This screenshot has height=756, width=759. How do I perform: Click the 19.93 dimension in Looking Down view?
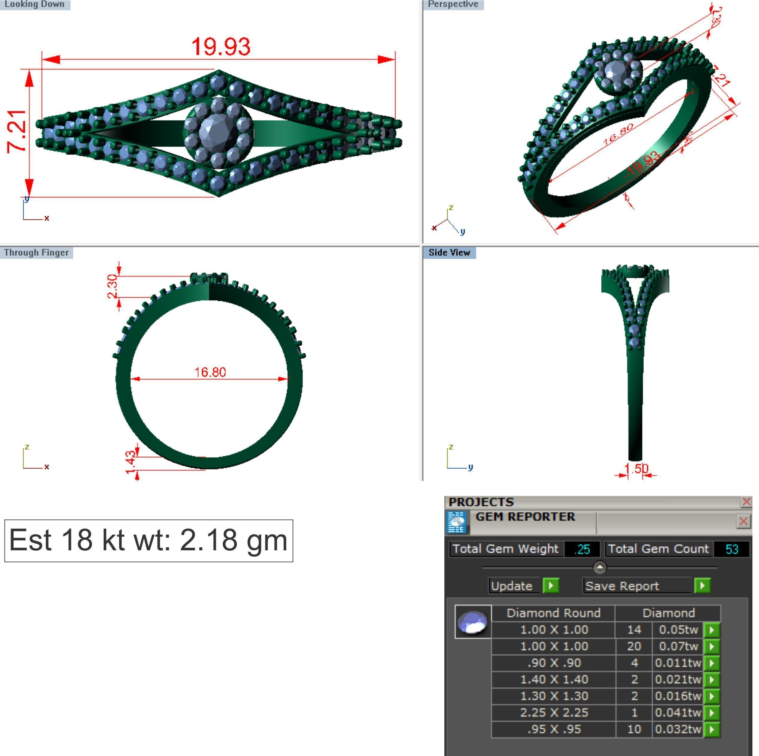click(221, 46)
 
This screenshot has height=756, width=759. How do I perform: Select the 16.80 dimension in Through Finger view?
click(210, 372)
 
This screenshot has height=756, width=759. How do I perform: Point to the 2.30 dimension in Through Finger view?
click(112, 287)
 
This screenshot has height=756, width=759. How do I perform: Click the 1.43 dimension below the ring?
click(131, 463)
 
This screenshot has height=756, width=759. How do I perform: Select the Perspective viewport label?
click(453, 4)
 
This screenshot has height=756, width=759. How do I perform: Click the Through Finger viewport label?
click(36, 253)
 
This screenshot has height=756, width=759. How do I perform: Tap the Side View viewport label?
click(449, 253)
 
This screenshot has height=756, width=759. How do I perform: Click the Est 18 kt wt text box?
click(149, 541)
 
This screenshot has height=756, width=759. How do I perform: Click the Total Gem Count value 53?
click(731, 549)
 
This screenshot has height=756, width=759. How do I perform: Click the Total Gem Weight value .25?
click(582, 549)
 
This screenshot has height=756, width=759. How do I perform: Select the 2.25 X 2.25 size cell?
click(554, 712)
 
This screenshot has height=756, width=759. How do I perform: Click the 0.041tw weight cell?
click(678, 712)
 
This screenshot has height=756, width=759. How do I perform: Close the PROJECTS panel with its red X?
click(746, 502)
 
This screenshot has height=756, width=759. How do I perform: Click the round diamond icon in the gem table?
click(472, 622)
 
